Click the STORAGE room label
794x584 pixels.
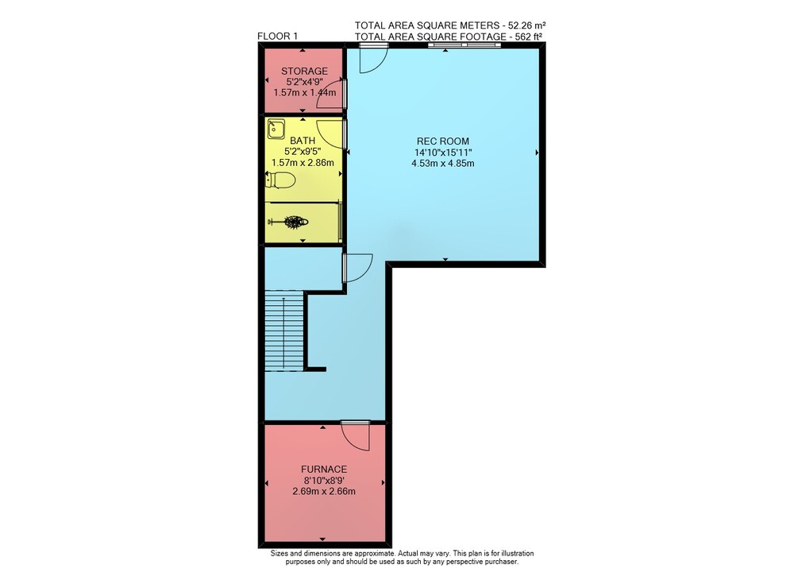[304, 71]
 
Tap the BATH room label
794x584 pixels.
[303, 141]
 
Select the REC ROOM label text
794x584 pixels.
[442, 141]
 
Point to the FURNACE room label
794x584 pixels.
[324, 470]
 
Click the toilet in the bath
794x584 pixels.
[280, 180]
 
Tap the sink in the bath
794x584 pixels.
[276, 129]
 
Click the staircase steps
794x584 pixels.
[284, 331]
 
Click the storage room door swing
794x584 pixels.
[330, 95]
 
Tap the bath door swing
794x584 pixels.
[332, 133]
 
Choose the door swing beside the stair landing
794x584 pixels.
[358, 269]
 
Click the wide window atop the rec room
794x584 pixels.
[464, 45]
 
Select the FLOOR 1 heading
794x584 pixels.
[277, 36]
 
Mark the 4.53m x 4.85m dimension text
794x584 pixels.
[443, 163]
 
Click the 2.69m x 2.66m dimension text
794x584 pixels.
[324, 491]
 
